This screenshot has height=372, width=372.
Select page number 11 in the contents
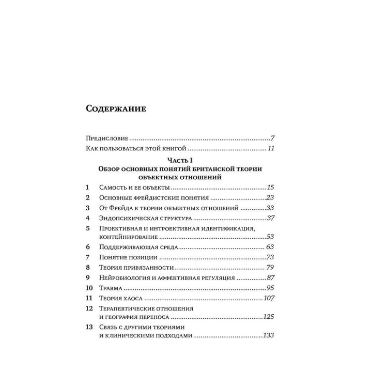point(270,150)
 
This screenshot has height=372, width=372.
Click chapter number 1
point(87,188)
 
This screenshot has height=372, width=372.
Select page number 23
point(269,198)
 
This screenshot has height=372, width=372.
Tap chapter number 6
point(87,247)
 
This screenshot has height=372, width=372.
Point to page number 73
point(270,257)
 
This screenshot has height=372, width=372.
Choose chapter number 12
point(88,308)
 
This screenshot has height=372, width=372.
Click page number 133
point(268,335)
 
